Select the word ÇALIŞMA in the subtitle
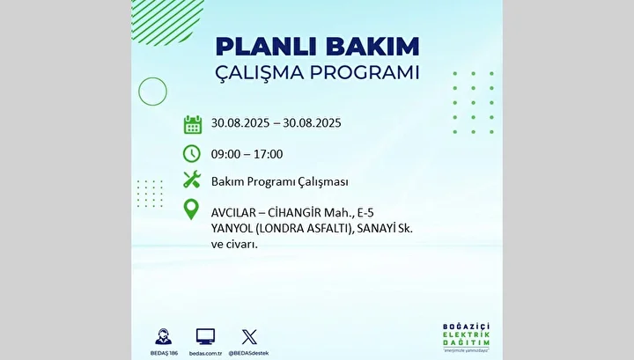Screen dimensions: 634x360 259,73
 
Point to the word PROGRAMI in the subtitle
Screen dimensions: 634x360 365,73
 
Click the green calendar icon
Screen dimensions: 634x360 193,124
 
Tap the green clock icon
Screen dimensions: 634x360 192,153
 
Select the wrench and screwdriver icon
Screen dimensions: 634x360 192,180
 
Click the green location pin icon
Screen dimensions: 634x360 191,209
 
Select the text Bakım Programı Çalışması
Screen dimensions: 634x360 279,182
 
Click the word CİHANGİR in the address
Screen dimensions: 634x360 294,212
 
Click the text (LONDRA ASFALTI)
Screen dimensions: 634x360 304,229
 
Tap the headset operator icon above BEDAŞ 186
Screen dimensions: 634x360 164,336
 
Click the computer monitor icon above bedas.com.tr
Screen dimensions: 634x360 205,336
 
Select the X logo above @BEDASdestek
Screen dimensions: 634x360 249,337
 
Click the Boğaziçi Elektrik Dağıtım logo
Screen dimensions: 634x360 466,337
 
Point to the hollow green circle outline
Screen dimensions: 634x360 138,92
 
